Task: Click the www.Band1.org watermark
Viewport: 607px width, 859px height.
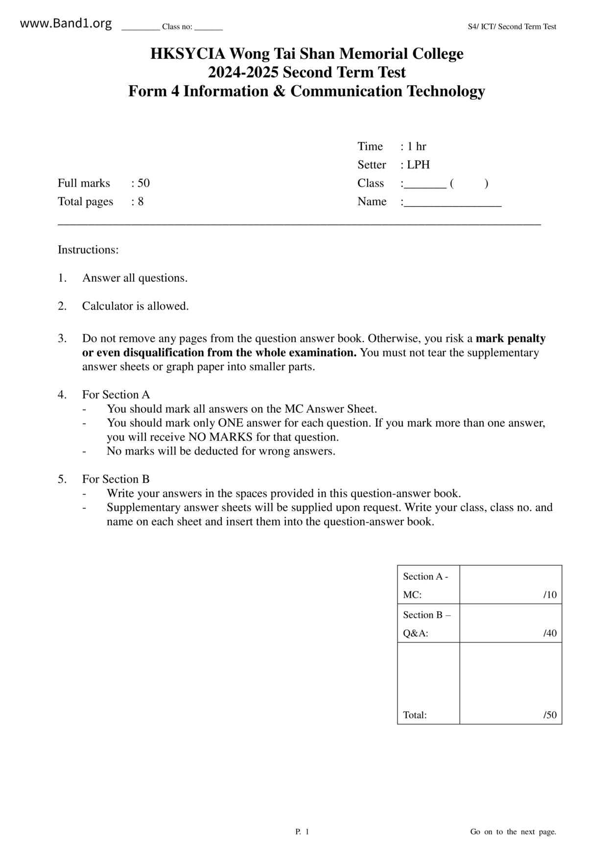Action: (x=66, y=24)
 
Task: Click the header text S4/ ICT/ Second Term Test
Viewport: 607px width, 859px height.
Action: (x=512, y=27)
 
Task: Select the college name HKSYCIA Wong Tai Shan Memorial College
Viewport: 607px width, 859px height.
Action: (x=306, y=53)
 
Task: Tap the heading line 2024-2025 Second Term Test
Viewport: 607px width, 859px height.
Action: (x=306, y=72)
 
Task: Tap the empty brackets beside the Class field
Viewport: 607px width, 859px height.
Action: (x=468, y=184)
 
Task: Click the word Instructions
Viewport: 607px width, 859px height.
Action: (x=88, y=250)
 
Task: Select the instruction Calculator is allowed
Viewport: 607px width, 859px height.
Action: (x=135, y=306)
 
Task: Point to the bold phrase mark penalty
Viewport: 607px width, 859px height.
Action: (x=511, y=338)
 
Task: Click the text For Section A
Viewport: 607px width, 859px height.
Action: (x=116, y=395)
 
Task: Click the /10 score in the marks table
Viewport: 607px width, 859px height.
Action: (x=550, y=595)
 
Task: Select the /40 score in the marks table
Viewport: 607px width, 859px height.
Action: (x=550, y=633)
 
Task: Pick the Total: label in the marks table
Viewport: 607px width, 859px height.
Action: (x=415, y=715)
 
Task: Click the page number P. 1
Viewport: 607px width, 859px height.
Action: (x=302, y=832)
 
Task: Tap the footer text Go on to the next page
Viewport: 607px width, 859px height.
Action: (x=513, y=832)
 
